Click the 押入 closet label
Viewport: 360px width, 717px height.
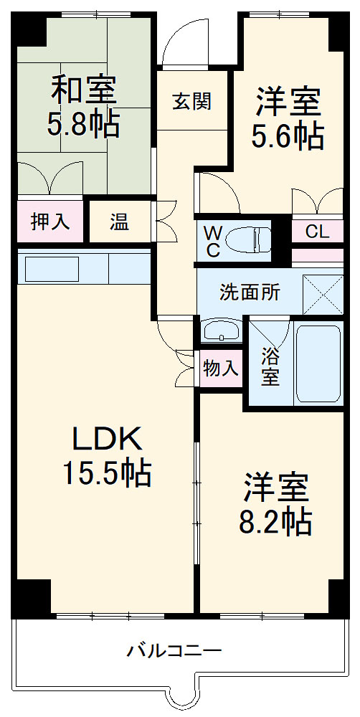(x=51, y=222)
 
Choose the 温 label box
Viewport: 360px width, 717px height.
(x=119, y=222)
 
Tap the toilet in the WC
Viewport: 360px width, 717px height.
(x=248, y=239)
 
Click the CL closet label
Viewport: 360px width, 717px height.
(x=317, y=232)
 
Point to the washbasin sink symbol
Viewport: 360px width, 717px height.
(x=222, y=331)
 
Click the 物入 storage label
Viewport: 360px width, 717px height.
(x=220, y=369)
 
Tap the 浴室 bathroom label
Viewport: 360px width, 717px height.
(x=270, y=366)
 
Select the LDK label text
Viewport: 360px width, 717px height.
(x=108, y=438)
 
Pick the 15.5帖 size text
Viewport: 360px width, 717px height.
(x=107, y=473)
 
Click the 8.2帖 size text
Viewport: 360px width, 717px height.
(x=276, y=521)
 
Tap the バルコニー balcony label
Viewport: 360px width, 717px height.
(x=174, y=651)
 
